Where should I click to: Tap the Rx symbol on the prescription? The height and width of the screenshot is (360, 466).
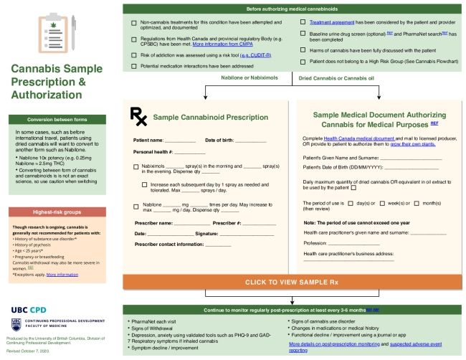137,115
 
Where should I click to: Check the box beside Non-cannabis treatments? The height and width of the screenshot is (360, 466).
134,23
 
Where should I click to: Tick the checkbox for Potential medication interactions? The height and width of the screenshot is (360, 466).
134,66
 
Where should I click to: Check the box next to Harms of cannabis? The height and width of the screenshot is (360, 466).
303,49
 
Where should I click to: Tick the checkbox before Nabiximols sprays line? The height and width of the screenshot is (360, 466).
136,166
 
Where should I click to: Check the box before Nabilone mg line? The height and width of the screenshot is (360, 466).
136,206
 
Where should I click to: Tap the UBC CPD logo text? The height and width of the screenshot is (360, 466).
34,308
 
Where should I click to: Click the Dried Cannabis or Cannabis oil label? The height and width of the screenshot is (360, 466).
336,77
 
